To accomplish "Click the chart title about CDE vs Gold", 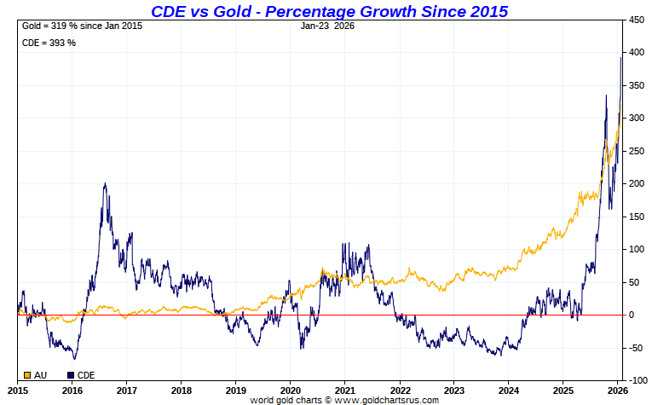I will point(329,11).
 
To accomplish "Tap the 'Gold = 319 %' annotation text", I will point(82,26).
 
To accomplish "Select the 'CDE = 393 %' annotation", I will point(49,43).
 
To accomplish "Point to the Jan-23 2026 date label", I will point(328,26).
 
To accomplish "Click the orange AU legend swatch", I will point(26,374).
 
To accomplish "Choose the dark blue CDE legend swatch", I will point(70,374).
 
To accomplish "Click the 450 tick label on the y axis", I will point(636,20).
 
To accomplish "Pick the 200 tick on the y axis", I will point(636,183).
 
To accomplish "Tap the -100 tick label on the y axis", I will point(637,380).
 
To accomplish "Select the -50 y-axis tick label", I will point(636,348).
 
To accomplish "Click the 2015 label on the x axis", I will point(19,391).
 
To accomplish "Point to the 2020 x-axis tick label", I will point(290,391).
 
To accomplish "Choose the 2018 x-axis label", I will point(182,391).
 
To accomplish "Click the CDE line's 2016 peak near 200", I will point(104,184).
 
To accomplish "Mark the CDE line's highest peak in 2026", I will point(621,57).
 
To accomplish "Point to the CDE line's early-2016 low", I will point(74,358).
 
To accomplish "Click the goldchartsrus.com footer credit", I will point(344,400).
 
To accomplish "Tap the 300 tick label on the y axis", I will point(636,118).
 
